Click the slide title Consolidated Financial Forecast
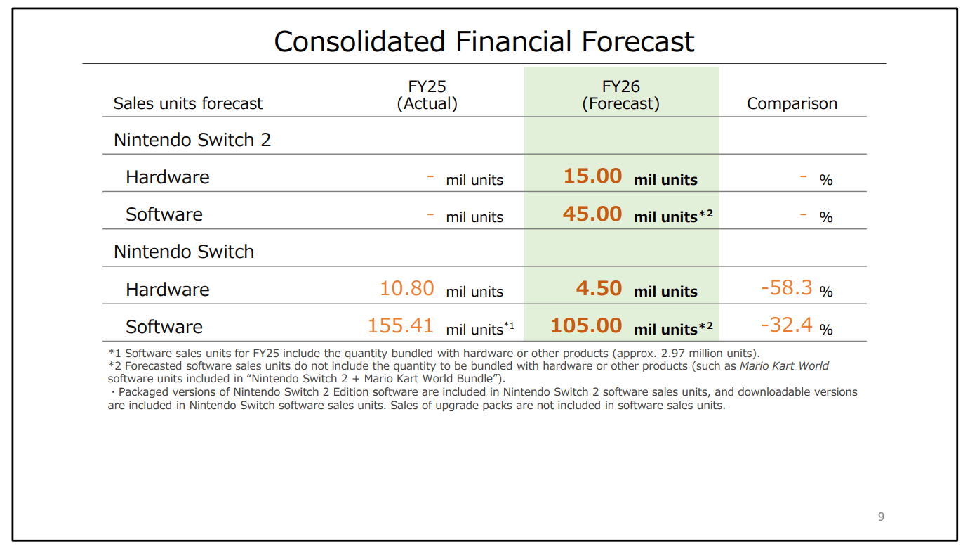tap(484, 41)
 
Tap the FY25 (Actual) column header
tap(427, 95)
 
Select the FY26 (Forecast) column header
tap(620, 95)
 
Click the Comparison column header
tap(792, 103)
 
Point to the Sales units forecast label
tap(188, 103)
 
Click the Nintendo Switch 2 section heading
tap(192, 140)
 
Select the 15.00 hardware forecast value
tap(592, 176)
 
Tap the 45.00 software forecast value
tap(592, 214)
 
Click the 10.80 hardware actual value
tap(406, 288)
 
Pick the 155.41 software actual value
tap(400, 325)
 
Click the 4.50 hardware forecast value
tap(599, 288)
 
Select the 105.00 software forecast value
tap(586, 325)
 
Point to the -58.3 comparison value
tap(786, 287)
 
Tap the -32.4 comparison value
tap(786, 325)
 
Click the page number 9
tap(881, 517)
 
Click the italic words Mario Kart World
tap(784, 365)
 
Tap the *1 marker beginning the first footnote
tap(114, 353)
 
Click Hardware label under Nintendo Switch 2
tap(167, 177)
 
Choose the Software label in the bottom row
tap(164, 327)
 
